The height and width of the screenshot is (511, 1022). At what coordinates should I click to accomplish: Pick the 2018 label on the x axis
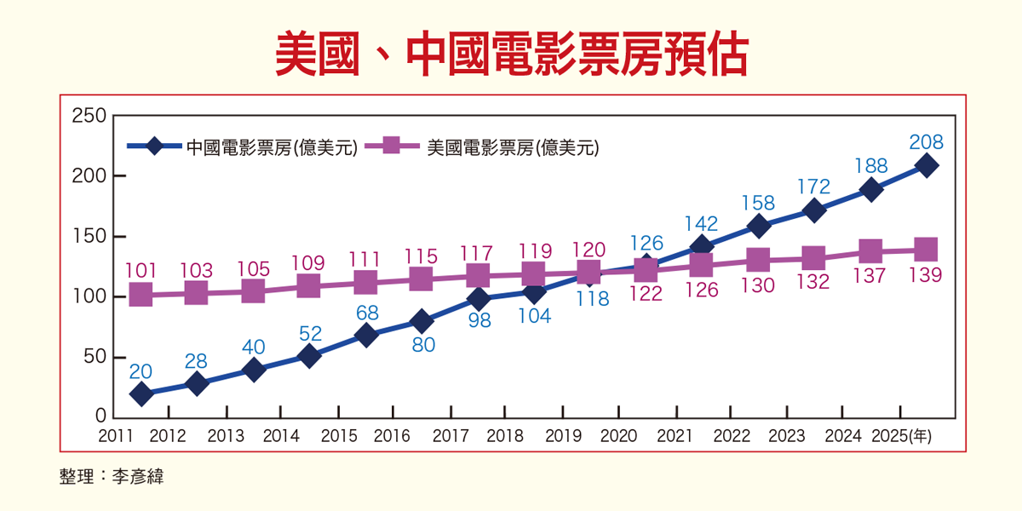(504, 436)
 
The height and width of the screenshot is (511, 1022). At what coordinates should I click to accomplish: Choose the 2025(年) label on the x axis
(902, 436)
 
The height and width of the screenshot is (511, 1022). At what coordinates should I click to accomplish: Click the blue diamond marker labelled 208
(927, 166)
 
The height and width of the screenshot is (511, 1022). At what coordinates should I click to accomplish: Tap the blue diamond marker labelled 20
(141, 393)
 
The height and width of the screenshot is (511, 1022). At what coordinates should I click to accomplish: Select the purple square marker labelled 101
(141, 296)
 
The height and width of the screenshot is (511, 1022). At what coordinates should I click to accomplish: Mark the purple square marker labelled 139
(927, 250)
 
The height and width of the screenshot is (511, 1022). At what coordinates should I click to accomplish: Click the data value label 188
(870, 166)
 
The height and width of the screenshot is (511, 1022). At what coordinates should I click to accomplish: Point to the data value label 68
(365, 313)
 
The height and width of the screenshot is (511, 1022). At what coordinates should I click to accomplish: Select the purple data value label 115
(421, 256)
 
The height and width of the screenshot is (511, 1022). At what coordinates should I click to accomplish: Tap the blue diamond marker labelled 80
(421, 321)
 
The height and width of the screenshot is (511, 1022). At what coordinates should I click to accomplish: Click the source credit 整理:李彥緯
(111, 476)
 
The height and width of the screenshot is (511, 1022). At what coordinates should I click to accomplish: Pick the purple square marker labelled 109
(309, 286)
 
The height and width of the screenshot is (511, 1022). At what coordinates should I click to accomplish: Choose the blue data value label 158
(758, 203)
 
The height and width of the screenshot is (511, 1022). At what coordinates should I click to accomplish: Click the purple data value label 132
(814, 282)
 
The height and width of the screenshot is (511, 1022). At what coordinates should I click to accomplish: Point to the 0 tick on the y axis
(100, 417)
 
